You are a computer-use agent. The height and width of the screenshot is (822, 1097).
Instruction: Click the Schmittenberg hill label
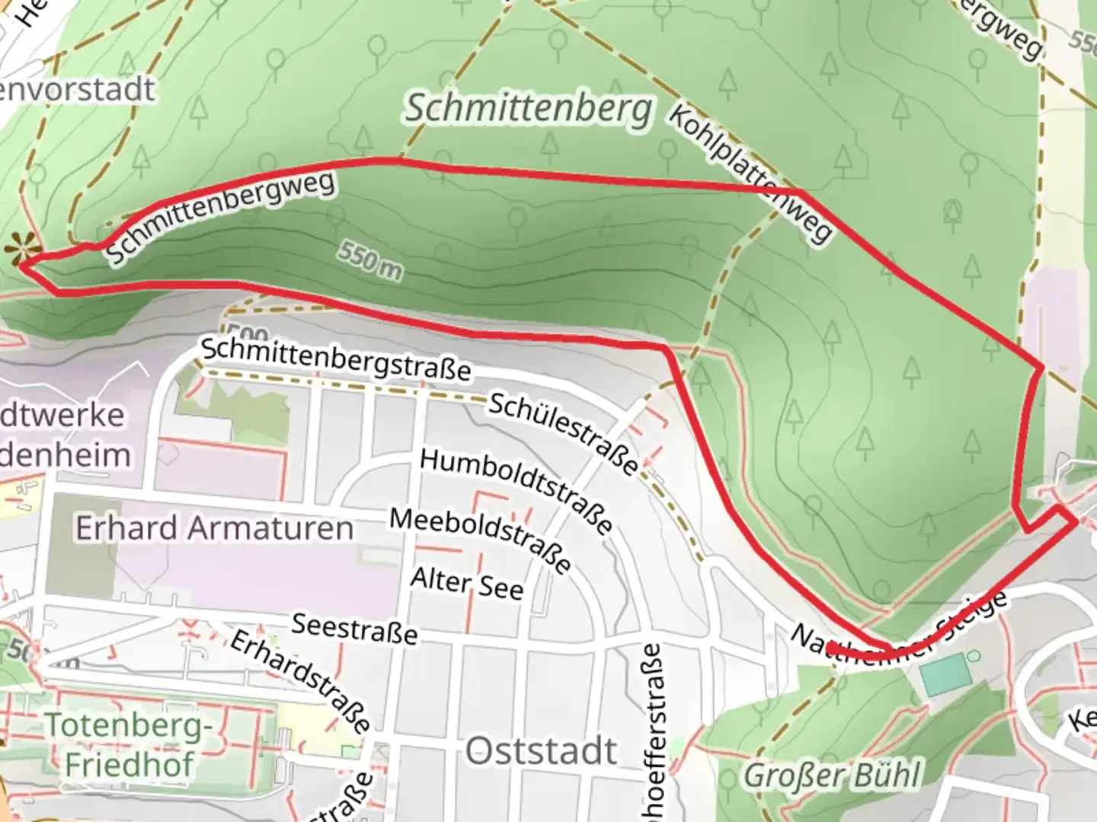[x=528, y=109]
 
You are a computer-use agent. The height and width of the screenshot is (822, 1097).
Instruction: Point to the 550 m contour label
[x=370, y=261]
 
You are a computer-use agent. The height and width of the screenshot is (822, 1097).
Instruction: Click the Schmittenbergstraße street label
[x=336, y=359]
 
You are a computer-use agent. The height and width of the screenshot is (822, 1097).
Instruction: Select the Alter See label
[x=467, y=584]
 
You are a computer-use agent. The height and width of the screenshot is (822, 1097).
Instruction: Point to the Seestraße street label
[x=355, y=629]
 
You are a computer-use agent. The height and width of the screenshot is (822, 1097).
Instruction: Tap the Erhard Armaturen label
[x=214, y=527]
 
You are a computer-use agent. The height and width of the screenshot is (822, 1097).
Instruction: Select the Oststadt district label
[x=541, y=751]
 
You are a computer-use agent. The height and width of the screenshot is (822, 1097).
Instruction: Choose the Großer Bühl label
[x=832, y=776]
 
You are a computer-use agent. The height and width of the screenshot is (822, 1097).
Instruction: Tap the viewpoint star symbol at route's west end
[x=21, y=248]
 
